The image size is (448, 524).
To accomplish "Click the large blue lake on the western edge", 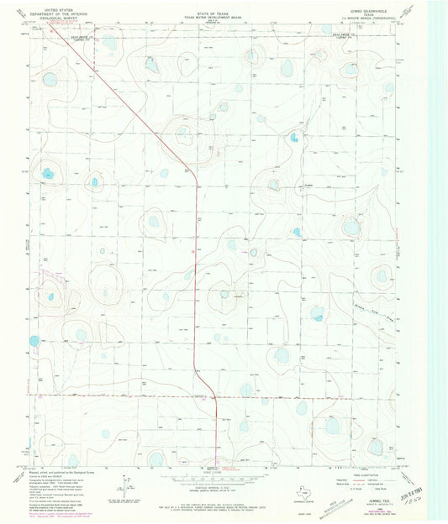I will pos(34,342).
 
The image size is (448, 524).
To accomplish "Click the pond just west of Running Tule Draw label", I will pos(317,313).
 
